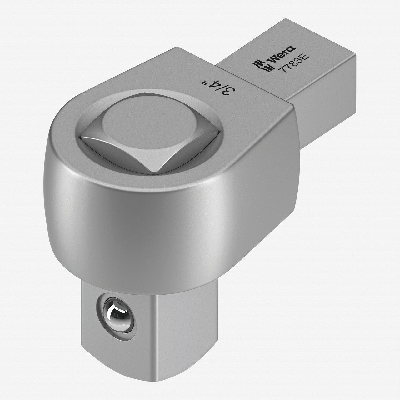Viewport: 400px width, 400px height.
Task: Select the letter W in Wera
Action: (x=273, y=58)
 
